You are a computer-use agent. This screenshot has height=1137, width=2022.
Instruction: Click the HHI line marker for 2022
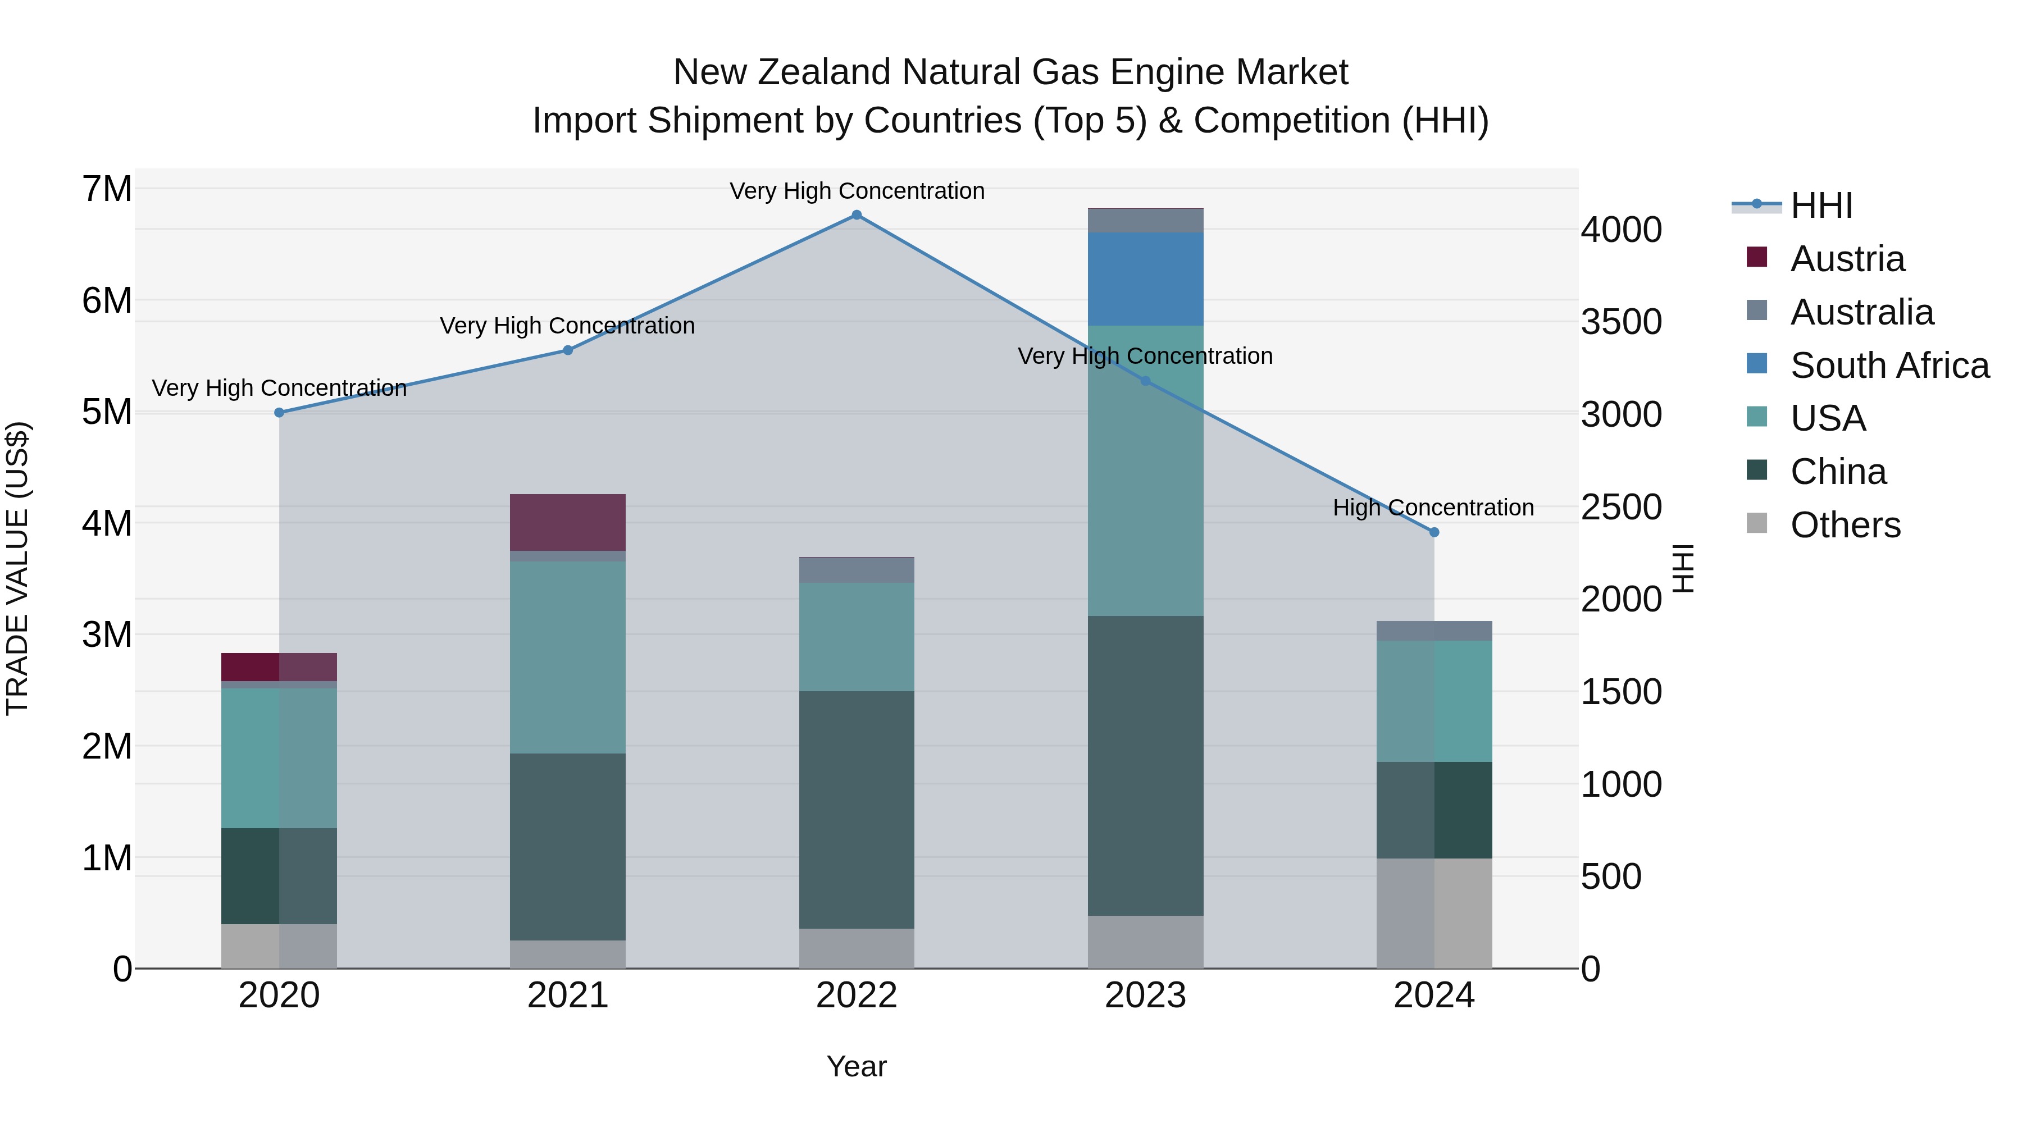(x=857, y=215)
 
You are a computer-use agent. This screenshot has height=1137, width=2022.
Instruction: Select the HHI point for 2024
(x=1434, y=532)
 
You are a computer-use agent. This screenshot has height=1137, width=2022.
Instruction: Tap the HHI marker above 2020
(x=280, y=413)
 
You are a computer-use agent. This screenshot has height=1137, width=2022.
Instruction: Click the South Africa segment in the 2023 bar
(x=1145, y=278)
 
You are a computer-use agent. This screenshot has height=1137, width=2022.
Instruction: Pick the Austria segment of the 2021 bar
(x=567, y=523)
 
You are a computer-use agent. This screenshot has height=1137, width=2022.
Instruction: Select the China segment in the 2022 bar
(x=857, y=810)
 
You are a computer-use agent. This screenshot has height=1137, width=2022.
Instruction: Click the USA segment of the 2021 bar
(x=567, y=657)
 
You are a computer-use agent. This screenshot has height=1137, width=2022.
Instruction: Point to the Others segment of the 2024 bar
(x=1434, y=914)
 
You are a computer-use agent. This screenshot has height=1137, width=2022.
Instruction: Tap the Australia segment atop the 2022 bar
(x=857, y=570)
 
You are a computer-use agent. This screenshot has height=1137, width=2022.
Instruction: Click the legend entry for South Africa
(x=1889, y=366)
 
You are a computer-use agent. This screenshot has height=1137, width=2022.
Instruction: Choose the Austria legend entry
(x=1847, y=259)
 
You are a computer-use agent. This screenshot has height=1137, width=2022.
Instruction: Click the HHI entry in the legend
(x=1821, y=206)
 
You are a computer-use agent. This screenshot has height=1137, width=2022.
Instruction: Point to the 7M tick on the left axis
(x=107, y=189)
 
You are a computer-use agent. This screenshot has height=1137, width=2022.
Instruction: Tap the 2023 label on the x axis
(x=1145, y=996)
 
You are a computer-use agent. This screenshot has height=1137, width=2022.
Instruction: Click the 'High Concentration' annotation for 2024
(x=1433, y=508)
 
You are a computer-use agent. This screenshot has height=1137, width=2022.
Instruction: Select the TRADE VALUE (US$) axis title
(x=17, y=568)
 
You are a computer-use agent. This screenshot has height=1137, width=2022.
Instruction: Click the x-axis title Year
(x=857, y=1066)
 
